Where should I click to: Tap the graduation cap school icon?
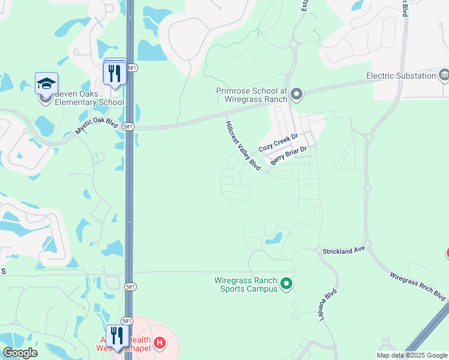[46, 83]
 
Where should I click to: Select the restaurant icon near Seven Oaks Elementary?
[115, 74]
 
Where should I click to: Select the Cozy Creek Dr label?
[278, 143]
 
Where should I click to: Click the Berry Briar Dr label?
[289, 156]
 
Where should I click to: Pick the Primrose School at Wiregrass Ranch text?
[253, 94]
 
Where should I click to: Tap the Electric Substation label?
[401, 76]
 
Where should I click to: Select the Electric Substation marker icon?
[444, 75]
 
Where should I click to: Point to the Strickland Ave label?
[344, 250]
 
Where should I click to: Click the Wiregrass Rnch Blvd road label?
[418, 287]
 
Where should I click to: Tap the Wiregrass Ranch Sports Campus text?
[246, 284]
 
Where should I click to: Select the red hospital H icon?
[160, 343]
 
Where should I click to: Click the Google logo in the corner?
[20, 353]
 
